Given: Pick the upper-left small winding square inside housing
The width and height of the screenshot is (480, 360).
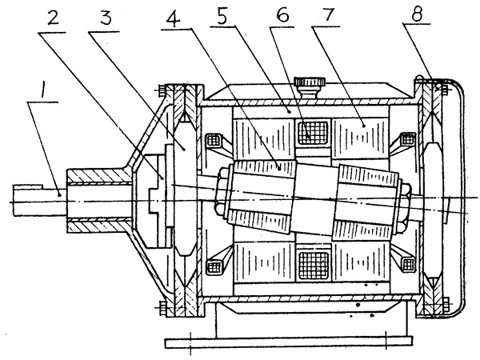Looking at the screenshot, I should [215, 140].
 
